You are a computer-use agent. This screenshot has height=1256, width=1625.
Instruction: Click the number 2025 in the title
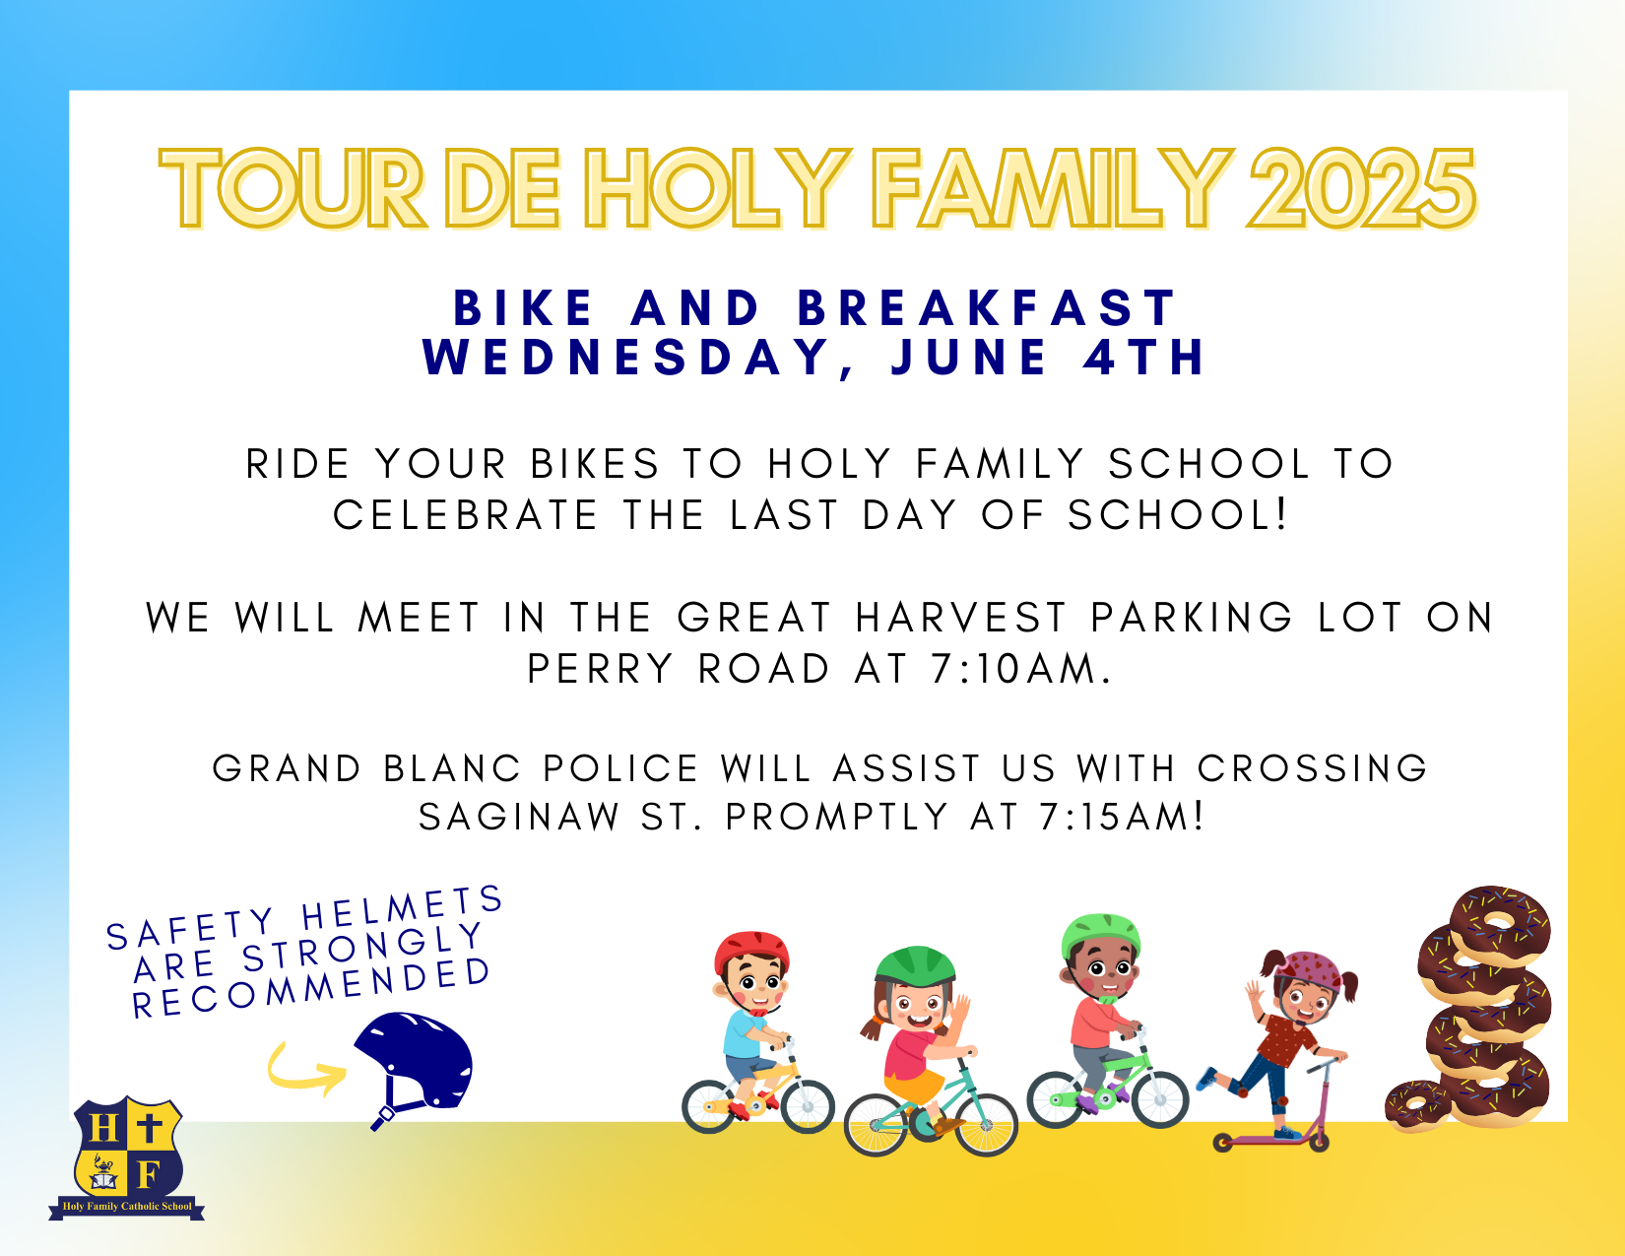point(1361,188)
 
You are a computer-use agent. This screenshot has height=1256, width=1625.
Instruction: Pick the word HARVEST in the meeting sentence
point(961,618)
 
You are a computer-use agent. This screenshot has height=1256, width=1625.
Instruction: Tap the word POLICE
point(620,768)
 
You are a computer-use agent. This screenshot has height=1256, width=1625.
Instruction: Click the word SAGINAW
point(519,816)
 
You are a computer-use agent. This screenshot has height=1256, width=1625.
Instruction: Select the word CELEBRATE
point(465,515)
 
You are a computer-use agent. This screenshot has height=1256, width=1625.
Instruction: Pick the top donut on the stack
point(1499,926)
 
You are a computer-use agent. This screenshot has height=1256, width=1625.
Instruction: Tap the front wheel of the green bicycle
point(1160,1099)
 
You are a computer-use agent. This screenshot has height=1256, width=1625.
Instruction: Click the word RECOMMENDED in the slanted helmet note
point(311,987)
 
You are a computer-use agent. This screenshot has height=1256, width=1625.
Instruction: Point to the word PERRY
point(601,668)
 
